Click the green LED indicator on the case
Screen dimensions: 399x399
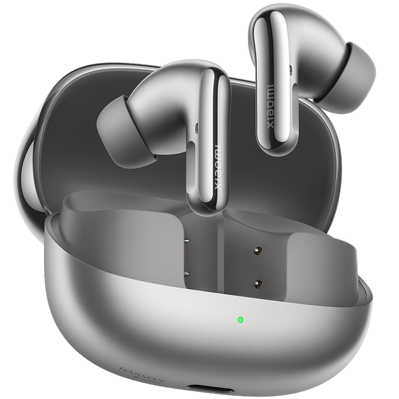(x=240, y=320)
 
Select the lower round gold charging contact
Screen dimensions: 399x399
(x=257, y=283)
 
